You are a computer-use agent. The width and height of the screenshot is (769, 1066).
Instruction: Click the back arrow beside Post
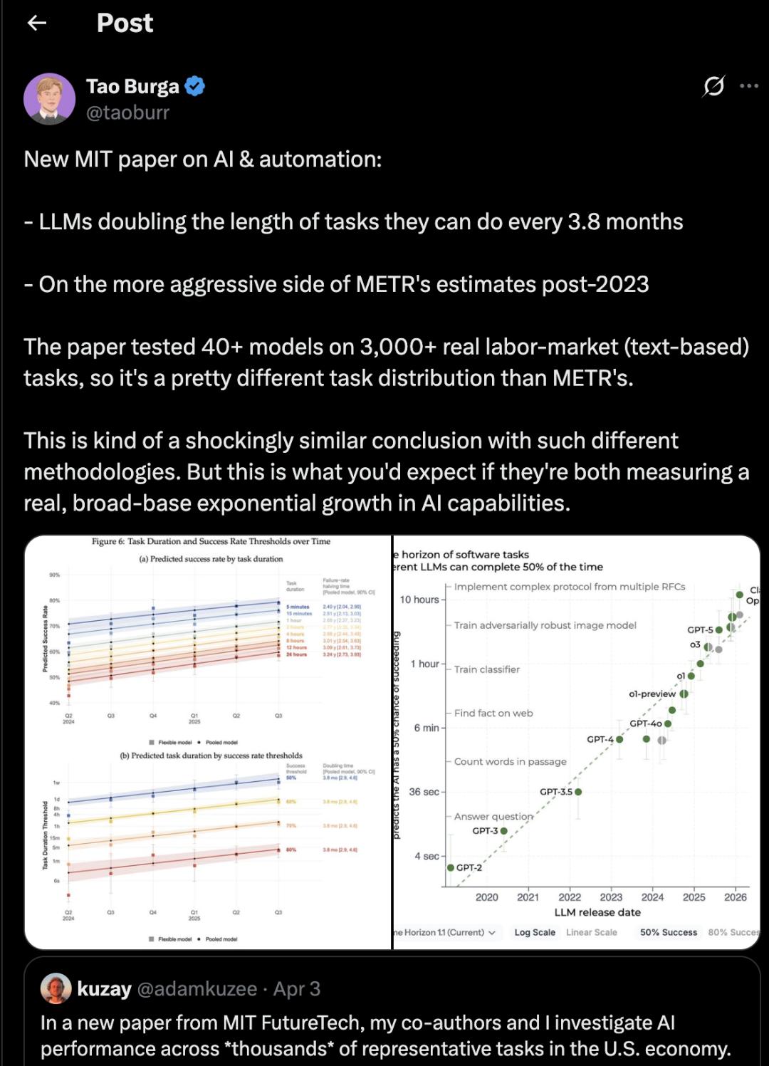[x=37, y=23]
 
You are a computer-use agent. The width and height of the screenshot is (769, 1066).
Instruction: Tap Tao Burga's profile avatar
[x=49, y=99]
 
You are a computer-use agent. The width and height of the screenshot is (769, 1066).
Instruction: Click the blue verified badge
[x=195, y=86]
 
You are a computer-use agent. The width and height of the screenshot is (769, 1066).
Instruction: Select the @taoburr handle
[x=127, y=113]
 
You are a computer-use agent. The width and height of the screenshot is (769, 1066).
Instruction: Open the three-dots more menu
[x=749, y=86]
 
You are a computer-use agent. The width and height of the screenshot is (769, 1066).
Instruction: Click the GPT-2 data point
[x=451, y=867]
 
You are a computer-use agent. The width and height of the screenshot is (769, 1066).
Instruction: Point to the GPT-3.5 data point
[x=578, y=792]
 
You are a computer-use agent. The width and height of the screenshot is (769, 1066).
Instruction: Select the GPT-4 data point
[x=619, y=739]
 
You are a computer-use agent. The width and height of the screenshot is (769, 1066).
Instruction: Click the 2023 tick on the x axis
[x=611, y=897]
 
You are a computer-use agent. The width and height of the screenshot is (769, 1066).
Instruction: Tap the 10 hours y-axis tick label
[x=419, y=600]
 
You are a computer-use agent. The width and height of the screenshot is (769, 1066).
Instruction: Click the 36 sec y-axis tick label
[x=424, y=792]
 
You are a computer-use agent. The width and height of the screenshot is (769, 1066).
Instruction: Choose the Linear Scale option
[x=592, y=932]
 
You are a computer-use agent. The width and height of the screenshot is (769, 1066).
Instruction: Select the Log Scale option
[x=535, y=932]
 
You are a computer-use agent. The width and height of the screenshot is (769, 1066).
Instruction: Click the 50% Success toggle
[x=669, y=932]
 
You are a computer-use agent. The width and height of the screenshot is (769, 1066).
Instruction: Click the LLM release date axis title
[x=597, y=912]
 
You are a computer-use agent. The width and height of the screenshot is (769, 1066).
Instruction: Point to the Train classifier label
[x=487, y=669]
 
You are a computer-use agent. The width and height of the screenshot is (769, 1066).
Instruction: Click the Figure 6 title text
[x=211, y=541]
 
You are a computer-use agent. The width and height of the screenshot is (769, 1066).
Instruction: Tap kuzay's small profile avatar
[x=56, y=988]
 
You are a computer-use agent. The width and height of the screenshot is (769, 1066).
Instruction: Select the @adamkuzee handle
[x=197, y=988]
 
